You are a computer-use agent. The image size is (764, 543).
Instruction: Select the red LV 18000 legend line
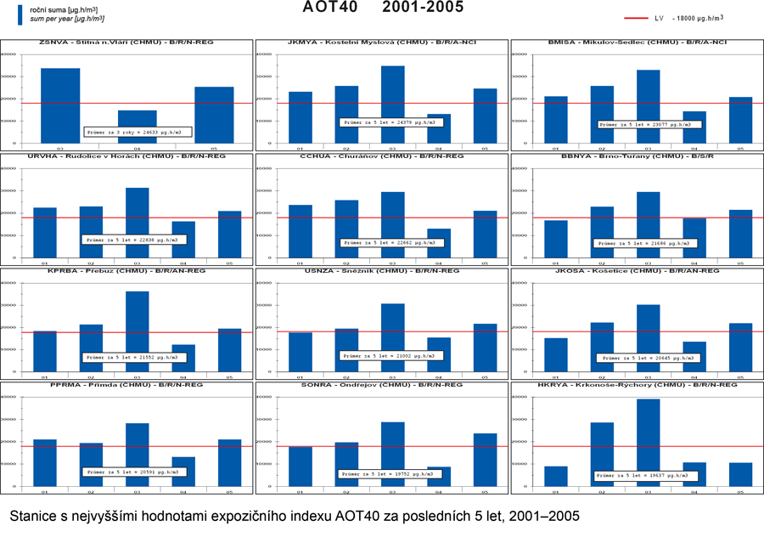(x=637, y=17)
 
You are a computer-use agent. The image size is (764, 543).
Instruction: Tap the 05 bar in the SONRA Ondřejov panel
(x=485, y=460)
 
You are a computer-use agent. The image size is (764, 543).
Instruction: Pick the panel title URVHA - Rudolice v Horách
(x=127, y=156)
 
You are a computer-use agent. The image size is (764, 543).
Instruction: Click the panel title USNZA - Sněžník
(x=382, y=271)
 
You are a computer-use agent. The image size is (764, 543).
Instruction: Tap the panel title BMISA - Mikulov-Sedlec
(x=637, y=42)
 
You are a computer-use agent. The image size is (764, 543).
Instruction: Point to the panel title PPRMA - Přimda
(x=127, y=386)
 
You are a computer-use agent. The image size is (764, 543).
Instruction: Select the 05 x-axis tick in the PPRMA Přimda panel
(x=228, y=491)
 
